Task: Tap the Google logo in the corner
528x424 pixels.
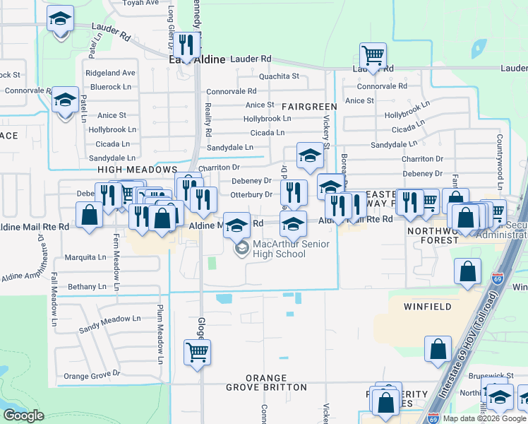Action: tap(23, 416)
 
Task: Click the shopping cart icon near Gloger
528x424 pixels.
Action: tap(197, 351)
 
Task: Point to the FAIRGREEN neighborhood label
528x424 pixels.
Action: tap(309, 106)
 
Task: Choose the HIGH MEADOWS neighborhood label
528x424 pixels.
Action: tap(138, 170)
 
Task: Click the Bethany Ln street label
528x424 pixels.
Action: tap(87, 287)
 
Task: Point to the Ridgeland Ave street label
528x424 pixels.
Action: tap(110, 73)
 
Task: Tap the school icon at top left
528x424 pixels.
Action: tap(61, 18)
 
